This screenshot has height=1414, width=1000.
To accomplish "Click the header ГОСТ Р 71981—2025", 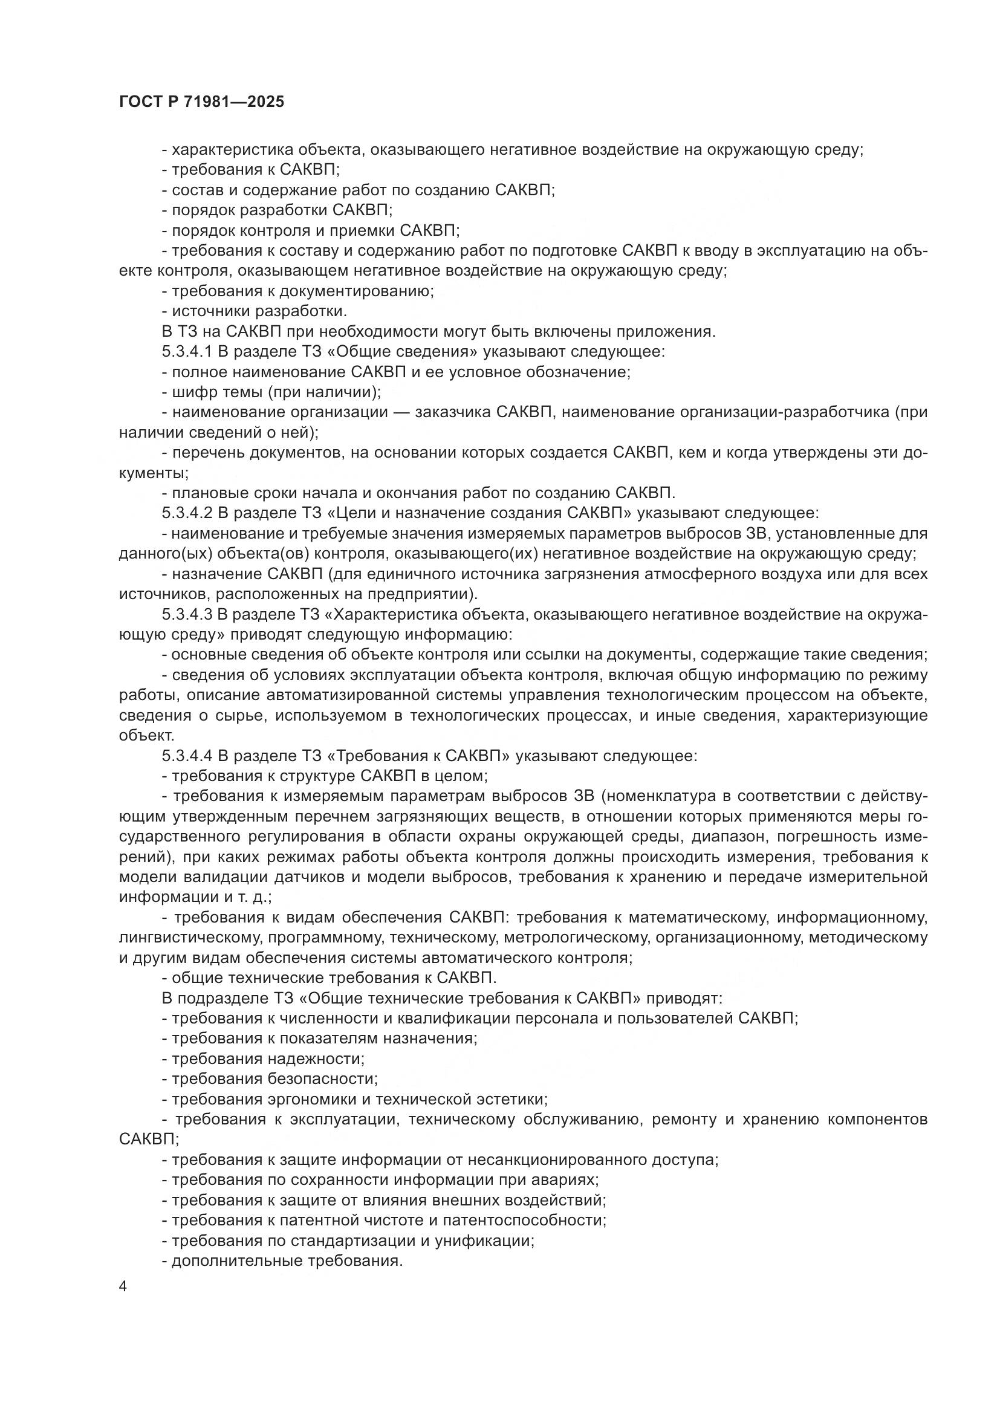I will coord(201,102).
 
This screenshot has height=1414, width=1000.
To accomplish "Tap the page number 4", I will coord(123,1287).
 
